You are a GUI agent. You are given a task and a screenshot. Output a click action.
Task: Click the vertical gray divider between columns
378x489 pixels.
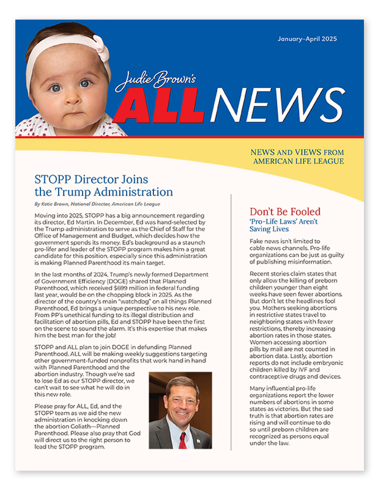[x=231, y=324]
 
